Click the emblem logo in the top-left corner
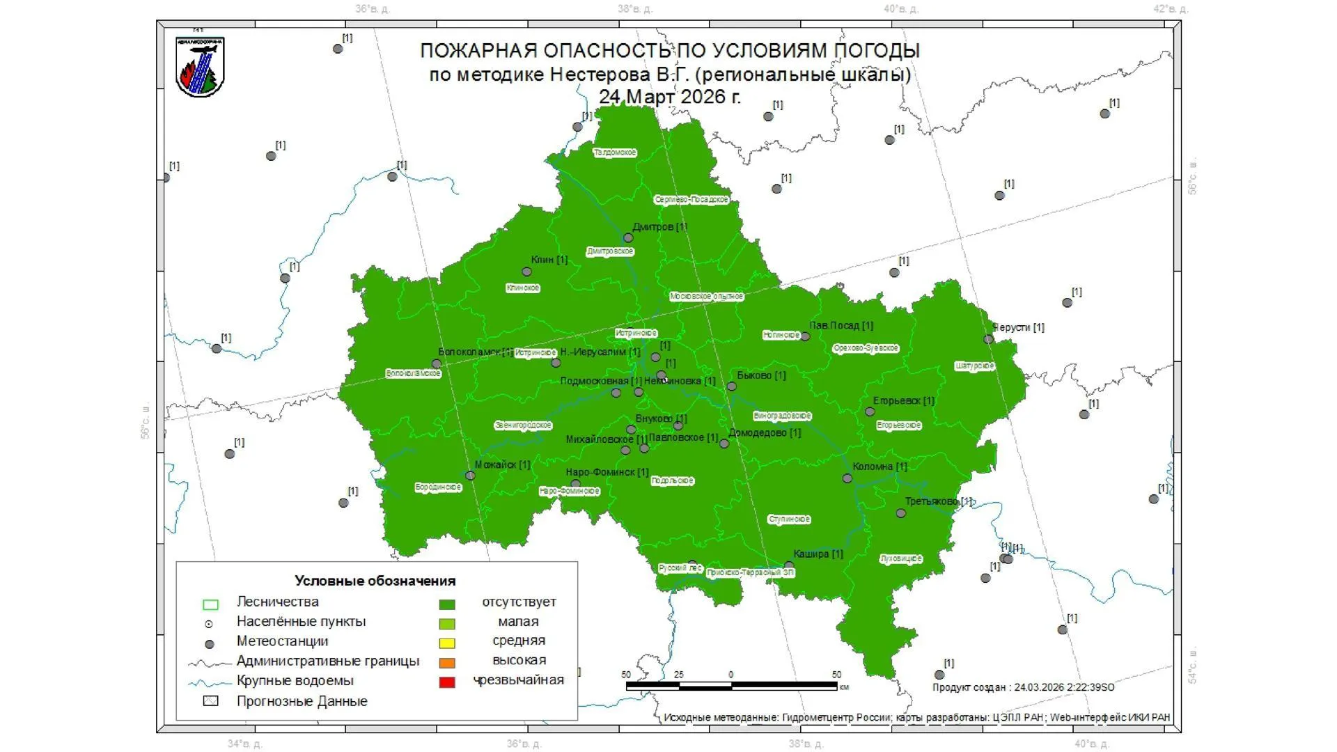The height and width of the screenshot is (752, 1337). tap(200, 67)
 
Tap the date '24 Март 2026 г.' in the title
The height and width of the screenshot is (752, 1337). tap(670, 97)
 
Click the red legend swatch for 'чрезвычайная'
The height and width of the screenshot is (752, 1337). tap(447, 682)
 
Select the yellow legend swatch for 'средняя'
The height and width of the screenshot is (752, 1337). tap(447, 643)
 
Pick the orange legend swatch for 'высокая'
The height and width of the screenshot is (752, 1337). tap(447, 662)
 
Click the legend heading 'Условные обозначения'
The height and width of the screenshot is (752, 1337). tap(375, 581)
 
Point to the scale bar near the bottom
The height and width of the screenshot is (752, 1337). tap(731, 686)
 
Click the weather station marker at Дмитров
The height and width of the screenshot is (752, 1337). tap(628, 238)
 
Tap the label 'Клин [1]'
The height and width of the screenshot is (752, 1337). tap(549, 260)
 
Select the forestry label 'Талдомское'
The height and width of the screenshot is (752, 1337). tap(615, 152)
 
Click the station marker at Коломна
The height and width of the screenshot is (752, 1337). tap(847, 478)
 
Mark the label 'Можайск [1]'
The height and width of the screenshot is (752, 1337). tap(502, 464)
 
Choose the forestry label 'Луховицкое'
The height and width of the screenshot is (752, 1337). tap(901, 558)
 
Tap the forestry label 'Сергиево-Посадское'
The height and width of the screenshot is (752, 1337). tap(691, 200)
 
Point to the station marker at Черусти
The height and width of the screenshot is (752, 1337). tap(988, 339)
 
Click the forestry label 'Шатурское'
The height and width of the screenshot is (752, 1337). tap(974, 366)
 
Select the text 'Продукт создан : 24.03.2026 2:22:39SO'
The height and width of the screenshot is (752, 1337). tap(1023, 687)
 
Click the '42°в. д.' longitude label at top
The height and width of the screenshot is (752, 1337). tap(1170, 9)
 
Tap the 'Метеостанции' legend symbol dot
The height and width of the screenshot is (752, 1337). tap(210, 644)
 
